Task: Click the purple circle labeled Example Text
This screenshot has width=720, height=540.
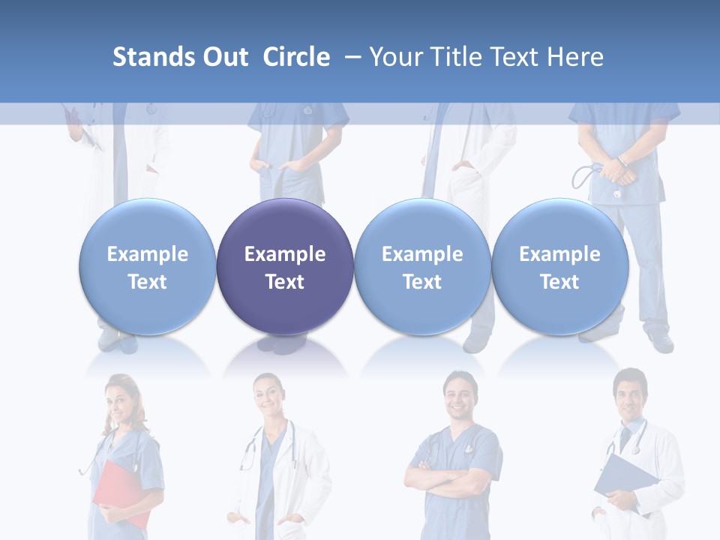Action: tap(285, 267)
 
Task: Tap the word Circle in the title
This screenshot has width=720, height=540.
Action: tap(296, 57)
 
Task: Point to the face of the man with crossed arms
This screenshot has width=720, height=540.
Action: tap(458, 397)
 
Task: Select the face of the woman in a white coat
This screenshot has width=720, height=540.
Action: tap(268, 397)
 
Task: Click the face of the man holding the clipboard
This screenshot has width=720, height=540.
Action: tap(628, 395)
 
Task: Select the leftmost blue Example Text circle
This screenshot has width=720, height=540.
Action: tap(148, 267)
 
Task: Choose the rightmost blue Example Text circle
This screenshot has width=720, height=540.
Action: tap(559, 267)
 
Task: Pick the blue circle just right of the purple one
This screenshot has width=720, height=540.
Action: tap(422, 267)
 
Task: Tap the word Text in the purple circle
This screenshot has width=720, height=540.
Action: tap(285, 282)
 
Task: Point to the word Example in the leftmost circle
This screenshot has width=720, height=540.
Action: tap(148, 254)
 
